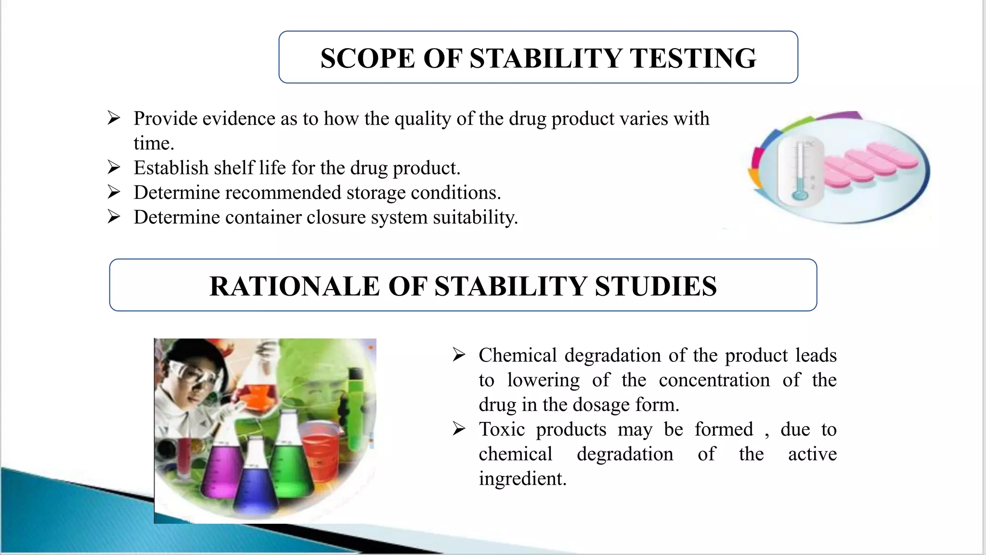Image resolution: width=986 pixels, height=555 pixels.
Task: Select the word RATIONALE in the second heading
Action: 294,286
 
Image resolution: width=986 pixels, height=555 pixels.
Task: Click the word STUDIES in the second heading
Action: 655,286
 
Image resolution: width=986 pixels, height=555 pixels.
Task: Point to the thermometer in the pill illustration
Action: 800,171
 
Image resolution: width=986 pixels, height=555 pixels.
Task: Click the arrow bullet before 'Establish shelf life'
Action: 114,168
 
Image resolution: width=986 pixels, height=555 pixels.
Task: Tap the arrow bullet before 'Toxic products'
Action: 459,429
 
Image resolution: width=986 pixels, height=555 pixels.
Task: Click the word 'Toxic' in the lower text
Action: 501,429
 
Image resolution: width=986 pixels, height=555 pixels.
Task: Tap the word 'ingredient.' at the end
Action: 522,478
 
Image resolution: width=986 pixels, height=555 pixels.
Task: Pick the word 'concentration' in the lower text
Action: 714,380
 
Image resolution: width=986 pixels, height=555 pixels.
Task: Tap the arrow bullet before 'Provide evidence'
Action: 114,118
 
